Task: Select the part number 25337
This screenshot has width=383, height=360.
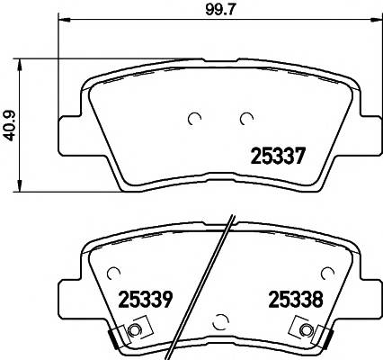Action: tap(278, 156)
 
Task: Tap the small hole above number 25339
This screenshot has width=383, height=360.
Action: tap(112, 272)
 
